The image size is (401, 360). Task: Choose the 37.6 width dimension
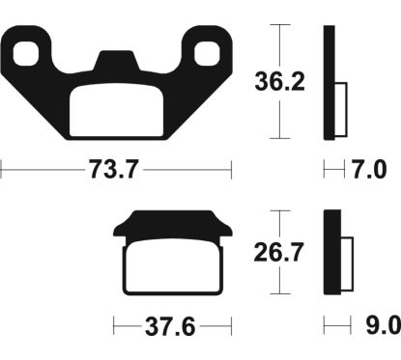[x=169, y=326]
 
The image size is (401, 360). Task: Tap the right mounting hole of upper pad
[x=209, y=51]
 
